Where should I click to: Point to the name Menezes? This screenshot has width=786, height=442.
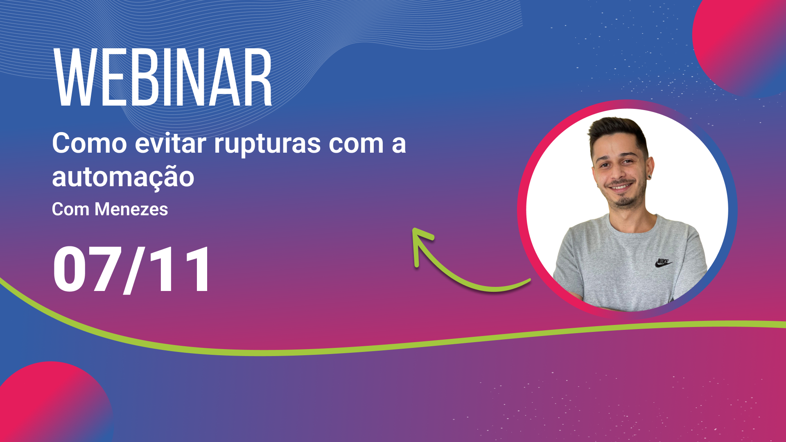click(131, 209)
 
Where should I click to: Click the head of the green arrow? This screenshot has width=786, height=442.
click(421, 241)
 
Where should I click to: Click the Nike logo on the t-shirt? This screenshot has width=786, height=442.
click(663, 263)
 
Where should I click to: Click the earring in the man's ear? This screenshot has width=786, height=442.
click(649, 177)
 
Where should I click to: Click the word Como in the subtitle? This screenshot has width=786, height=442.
click(90, 144)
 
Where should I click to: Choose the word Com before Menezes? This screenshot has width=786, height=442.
click(70, 209)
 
